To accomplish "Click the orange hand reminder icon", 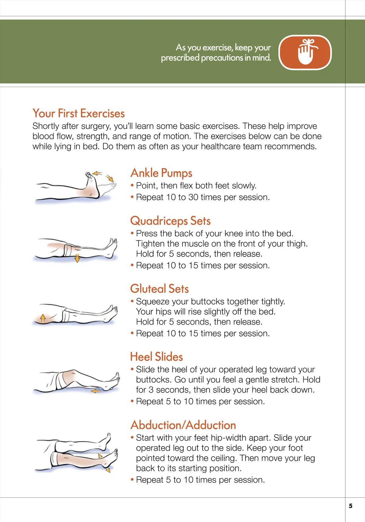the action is point(305,52).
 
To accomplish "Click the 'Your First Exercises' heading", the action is point(79,113).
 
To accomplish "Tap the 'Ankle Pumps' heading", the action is point(161,173).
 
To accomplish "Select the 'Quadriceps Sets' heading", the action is point(170,221).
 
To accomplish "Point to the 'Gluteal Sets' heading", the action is point(159,288).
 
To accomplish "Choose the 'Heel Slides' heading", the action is point(156,357).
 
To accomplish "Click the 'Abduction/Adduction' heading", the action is point(183,425).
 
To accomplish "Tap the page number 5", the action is point(351,506).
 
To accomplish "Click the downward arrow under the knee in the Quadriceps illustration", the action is point(77,258).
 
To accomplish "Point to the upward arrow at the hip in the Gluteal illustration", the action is point(43,318).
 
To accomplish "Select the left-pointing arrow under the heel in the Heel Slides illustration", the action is point(96,391).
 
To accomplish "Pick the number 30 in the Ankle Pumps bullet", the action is point(193,197).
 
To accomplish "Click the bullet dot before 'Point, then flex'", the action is point(132,185).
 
